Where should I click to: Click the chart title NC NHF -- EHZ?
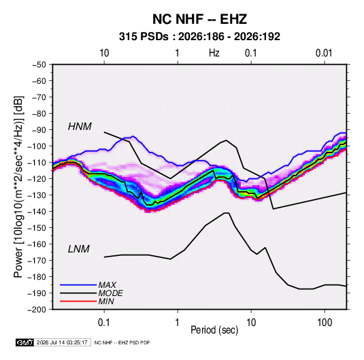(x=199, y=19)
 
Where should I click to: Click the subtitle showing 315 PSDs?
(x=199, y=37)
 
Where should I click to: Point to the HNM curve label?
(x=80, y=127)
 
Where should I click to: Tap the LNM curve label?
(x=79, y=249)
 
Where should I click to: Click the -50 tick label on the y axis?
(x=39, y=65)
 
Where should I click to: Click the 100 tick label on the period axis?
(x=325, y=323)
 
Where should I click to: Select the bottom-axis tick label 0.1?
(x=104, y=323)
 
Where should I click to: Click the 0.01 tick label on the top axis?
(x=324, y=53)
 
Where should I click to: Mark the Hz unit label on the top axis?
(x=214, y=53)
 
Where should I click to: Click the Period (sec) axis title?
(x=214, y=330)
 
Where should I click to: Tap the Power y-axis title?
(x=18, y=187)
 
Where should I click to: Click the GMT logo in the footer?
(x=25, y=342)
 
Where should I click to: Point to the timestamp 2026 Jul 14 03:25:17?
(x=62, y=342)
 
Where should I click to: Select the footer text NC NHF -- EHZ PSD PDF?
(x=122, y=342)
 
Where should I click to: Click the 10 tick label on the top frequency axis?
(x=104, y=53)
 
